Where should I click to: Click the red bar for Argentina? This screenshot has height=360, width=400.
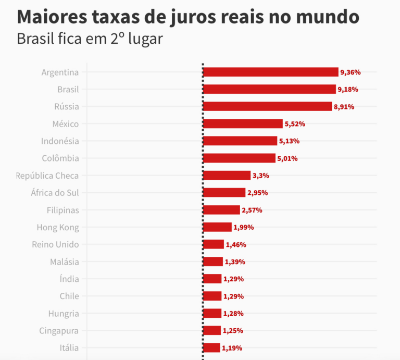[x=270, y=72]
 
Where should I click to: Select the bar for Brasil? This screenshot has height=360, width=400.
[x=269, y=89]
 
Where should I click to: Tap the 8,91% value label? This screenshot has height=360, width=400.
[x=344, y=107]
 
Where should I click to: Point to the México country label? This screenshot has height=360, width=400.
[x=66, y=124]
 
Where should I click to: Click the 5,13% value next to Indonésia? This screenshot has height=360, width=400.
[x=289, y=141]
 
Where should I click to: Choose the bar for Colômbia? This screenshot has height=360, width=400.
[x=239, y=158]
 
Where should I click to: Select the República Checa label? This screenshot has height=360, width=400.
[x=47, y=176]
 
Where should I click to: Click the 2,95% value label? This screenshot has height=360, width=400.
[x=257, y=193]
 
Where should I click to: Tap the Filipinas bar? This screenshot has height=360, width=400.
[x=221, y=210]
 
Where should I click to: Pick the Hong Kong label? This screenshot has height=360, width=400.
[x=58, y=227]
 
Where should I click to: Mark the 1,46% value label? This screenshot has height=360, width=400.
[x=236, y=244]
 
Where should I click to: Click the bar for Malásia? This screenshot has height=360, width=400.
[x=213, y=262]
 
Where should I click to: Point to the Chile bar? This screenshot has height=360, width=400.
[x=212, y=296]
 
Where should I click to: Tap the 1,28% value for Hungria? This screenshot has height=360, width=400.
[x=233, y=314]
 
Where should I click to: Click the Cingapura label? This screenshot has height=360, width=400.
[x=59, y=330]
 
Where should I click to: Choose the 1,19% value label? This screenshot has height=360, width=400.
[x=232, y=348]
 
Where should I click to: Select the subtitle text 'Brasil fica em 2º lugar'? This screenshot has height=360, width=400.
[x=90, y=39]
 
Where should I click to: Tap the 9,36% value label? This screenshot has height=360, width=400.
[x=350, y=72]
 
